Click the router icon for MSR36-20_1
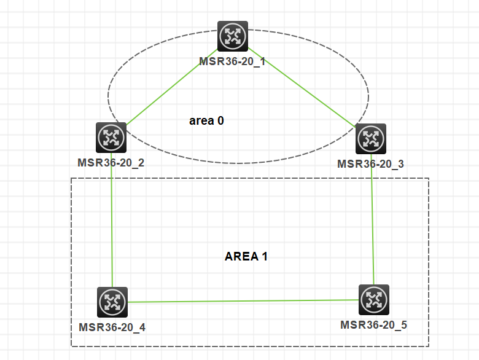pos(233,36)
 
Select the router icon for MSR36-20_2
pos(111,138)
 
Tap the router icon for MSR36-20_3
pos(371,139)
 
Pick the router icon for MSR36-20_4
pos(112,302)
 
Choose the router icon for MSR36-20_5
pos(374,300)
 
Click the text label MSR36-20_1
pos(232,61)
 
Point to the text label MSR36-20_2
pos(111,163)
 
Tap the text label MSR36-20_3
pos(370,164)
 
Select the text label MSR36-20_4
pos(112,327)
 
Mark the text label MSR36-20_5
pos(373,325)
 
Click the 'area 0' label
pos(206,120)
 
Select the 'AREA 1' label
pos(246,256)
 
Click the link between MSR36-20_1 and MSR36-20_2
pos(172,87)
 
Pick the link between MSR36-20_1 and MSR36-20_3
pos(302,87)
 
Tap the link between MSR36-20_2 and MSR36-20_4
pos(112,220)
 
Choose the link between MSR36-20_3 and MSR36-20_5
pos(372,219)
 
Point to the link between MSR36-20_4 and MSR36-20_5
pos(243,301)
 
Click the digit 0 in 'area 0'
pos(220,120)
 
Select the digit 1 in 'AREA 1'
pos(265,256)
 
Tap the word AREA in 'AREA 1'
pos(241,256)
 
